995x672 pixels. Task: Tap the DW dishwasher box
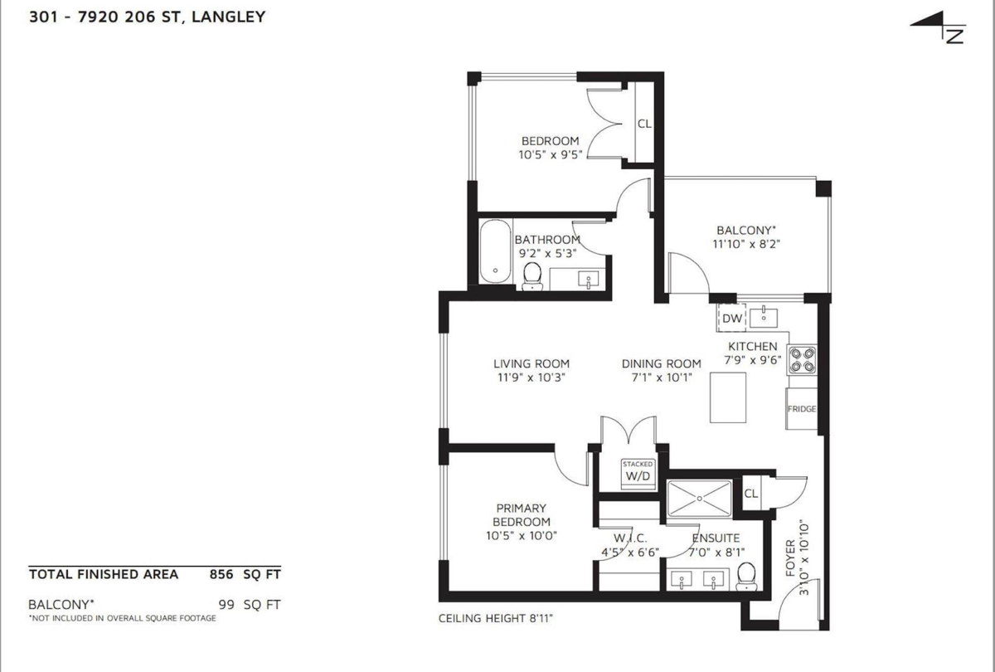coord(731,319)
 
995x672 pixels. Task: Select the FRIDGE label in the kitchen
coord(802,409)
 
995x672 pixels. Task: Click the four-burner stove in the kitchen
coord(802,358)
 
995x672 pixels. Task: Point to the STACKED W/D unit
coord(638,473)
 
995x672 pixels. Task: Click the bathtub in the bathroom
coord(495,251)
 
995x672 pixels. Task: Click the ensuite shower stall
coord(700,498)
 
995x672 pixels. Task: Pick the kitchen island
coord(728,397)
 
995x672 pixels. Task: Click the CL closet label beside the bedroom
coord(644,124)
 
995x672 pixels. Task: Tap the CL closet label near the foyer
coord(751,493)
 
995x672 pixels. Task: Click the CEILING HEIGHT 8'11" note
coord(495,619)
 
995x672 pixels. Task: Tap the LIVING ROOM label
coord(531,363)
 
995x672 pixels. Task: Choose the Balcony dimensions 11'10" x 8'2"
coord(747,244)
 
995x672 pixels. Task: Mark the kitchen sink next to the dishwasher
coord(763,316)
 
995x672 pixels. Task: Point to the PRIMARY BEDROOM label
coord(522,514)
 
